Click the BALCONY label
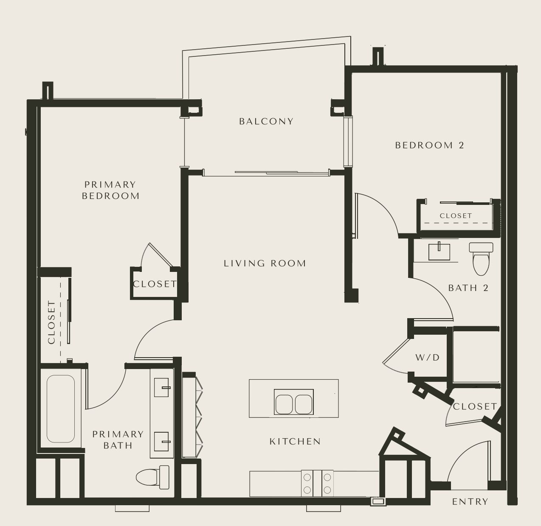pos(266,121)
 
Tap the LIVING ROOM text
pos(265,263)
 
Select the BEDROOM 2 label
pos(429,145)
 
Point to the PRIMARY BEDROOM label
pos(110,190)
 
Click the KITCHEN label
pos(295,441)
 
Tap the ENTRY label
pos(470,501)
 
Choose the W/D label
pos(428,358)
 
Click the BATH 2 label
pos(468,288)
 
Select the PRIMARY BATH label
pos(118,440)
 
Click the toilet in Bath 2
pos(481,259)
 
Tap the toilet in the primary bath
pos(152,477)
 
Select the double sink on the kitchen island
pos(293,402)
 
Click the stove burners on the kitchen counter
pos(317,484)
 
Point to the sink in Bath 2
pos(439,252)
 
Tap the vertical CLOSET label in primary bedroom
pos(52,322)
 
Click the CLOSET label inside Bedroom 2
pos(456,216)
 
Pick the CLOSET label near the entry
pos(475,406)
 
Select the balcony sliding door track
pos(282,173)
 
